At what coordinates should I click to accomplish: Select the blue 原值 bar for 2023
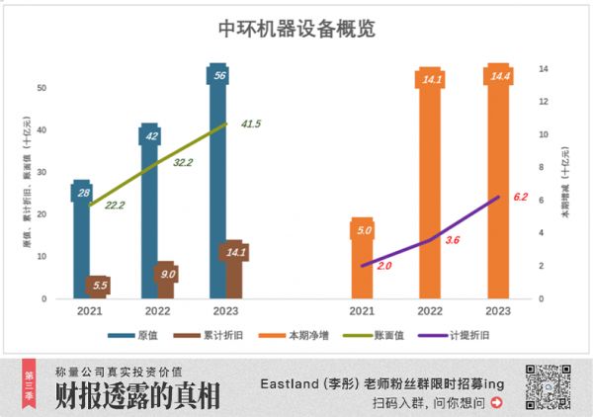(x=218, y=178)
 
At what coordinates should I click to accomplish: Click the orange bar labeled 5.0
(x=363, y=262)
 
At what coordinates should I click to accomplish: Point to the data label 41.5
(x=251, y=125)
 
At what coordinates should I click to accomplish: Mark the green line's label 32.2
(x=183, y=162)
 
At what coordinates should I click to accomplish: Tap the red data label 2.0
(x=383, y=266)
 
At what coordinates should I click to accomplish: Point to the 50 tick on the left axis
(x=42, y=88)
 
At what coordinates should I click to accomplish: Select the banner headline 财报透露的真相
(x=137, y=395)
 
